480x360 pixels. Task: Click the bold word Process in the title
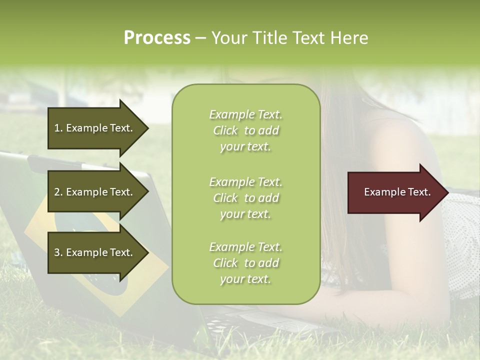(x=157, y=38)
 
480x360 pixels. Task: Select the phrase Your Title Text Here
(x=289, y=38)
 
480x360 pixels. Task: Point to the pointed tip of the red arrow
(x=447, y=192)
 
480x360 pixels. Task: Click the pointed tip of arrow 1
(x=147, y=128)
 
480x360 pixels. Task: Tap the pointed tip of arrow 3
(x=147, y=252)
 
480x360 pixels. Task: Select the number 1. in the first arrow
(x=58, y=128)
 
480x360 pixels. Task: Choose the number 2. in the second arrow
(x=58, y=192)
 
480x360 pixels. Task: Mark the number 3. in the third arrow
(x=58, y=252)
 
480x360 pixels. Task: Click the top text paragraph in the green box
(x=246, y=130)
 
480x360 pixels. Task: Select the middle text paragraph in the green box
(x=246, y=198)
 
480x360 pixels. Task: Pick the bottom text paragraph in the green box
(x=246, y=263)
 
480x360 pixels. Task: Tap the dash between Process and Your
(x=200, y=38)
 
